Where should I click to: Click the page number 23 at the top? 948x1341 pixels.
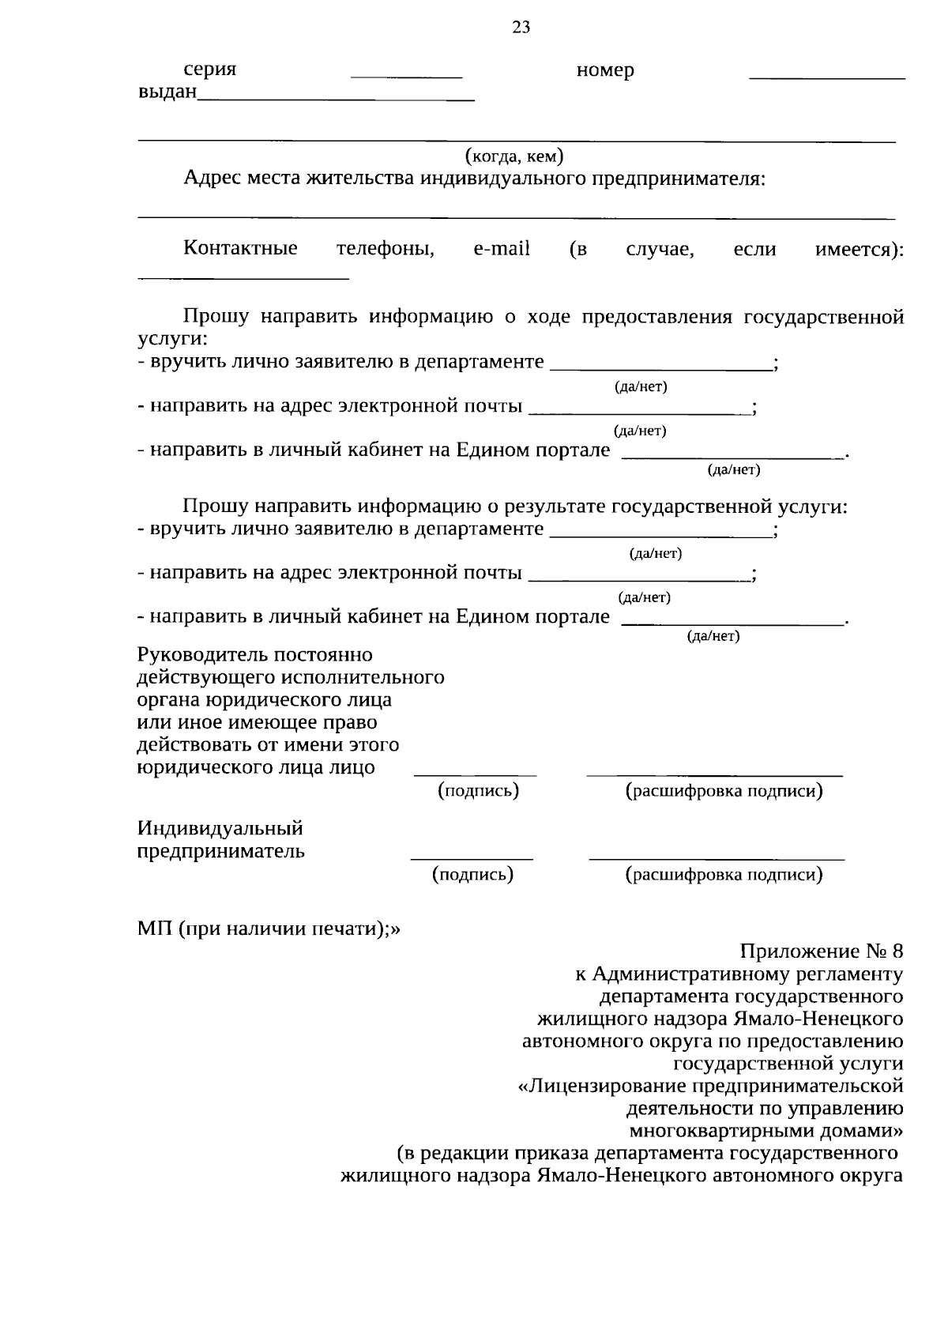[521, 28]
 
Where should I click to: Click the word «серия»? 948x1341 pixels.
[210, 70]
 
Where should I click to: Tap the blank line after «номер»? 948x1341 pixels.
[826, 77]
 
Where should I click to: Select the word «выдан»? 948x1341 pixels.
[167, 92]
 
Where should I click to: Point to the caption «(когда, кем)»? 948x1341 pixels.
[514, 155]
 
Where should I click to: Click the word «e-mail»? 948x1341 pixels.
[501, 249]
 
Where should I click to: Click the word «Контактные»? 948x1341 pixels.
[240, 249]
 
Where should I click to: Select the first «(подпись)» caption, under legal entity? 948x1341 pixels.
[479, 790]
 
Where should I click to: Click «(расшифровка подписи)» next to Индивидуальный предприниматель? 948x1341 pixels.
[724, 874]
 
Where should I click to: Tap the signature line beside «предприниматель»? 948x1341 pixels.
[472, 857]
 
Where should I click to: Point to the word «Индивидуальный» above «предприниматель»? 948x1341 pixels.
[220, 829]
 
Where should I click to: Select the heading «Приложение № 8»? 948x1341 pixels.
[822, 951]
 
